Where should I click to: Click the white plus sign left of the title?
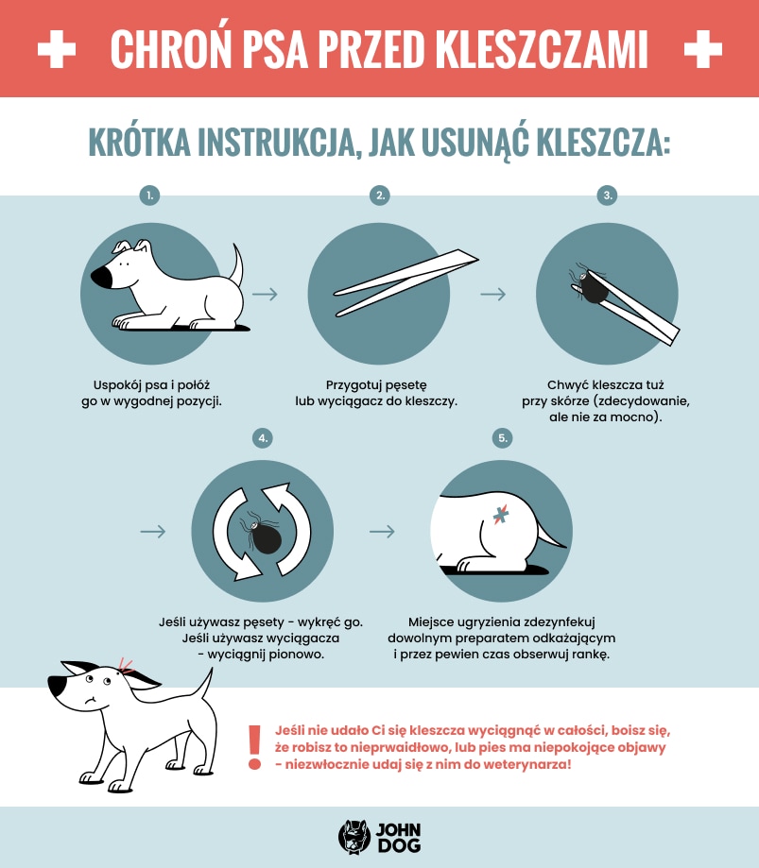[57, 49]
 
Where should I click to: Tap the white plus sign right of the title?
[702, 49]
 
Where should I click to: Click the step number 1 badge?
[149, 196]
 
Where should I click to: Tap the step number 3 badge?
[608, 196]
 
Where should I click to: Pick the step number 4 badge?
[263, 438]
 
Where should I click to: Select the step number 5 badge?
[503, 438]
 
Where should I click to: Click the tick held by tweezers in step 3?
[595, 286]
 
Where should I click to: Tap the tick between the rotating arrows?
[263, 537]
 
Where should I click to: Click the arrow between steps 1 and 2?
[266, 294]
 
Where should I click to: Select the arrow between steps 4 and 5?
[382, 532]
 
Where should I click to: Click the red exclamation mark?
[253, 746]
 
